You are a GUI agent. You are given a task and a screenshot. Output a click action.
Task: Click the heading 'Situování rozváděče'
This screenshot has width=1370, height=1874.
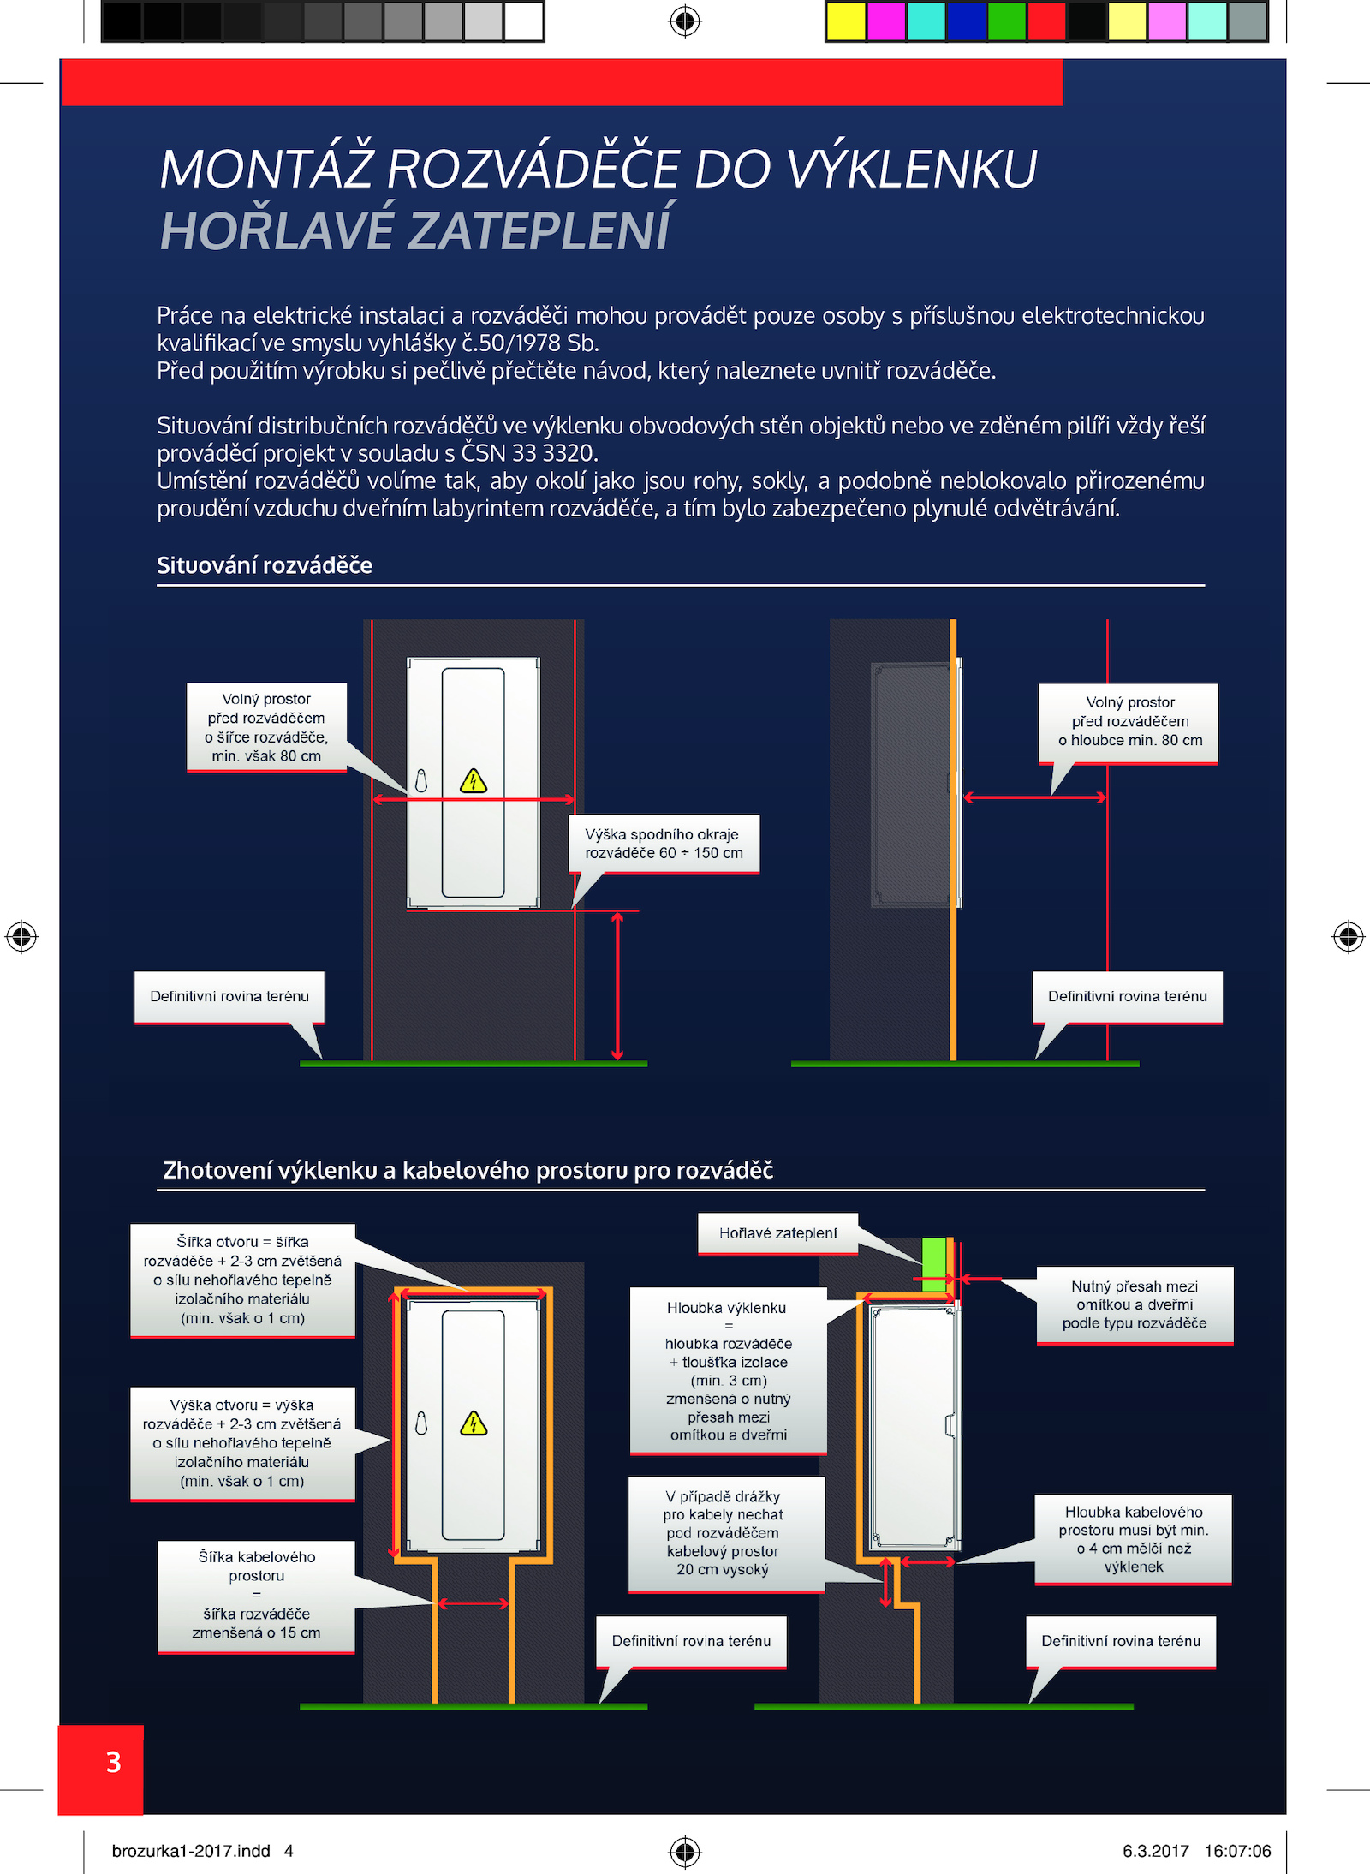click(x=265, y=565)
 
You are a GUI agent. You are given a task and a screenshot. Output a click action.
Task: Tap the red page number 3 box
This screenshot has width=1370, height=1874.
click(x=101, y=1769)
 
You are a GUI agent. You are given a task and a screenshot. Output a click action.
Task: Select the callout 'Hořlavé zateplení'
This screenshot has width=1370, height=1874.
click(x=777, y=1233)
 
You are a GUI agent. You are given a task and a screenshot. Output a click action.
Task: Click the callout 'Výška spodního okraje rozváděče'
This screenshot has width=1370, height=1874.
click(x=664, y=844)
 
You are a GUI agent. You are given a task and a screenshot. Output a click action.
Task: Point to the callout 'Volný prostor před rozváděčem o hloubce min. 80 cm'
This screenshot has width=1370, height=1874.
click(x=1129, y=722)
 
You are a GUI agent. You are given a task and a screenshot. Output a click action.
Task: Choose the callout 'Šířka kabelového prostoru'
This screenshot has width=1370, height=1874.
click(x=256, y=1596)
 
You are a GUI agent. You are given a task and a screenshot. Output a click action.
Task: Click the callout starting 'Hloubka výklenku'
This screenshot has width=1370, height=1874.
click(x=728, y=1370)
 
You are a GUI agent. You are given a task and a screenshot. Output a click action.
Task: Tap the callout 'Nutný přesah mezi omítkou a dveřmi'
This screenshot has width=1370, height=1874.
click(x=1135, y=1305)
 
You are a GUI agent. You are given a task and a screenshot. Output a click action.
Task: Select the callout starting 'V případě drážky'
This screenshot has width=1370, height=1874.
click(x=726, y=1533)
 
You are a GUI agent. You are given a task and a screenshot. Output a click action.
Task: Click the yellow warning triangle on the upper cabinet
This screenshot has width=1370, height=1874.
click(x=474, y=781)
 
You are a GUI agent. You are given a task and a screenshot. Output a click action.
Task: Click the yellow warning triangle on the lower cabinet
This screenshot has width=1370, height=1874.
click(x=474, y=1423)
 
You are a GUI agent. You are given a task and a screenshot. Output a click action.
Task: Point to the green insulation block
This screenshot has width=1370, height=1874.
click(x=934, y=1264)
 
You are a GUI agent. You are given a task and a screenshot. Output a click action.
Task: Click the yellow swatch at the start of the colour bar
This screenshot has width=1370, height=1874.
click(x=846, y=21)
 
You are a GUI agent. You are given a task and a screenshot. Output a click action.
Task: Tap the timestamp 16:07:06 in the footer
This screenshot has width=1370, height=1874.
click(x=1237, y=1851)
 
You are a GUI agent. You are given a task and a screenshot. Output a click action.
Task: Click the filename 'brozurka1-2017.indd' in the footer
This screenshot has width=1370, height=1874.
click(x=191, y=1851)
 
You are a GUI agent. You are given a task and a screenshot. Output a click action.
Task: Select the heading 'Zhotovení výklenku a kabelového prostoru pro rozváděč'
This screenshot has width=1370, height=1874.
click(x=468, y=1170)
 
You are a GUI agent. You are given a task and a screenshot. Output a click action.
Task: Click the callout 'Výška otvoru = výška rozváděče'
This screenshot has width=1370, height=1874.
click(x=242, y=1443)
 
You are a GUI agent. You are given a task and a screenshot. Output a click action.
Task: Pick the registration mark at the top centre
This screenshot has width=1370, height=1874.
click(x=685, y=21)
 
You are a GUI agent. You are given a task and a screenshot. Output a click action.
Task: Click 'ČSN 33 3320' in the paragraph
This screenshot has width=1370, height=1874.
click(x=527, y=452)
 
